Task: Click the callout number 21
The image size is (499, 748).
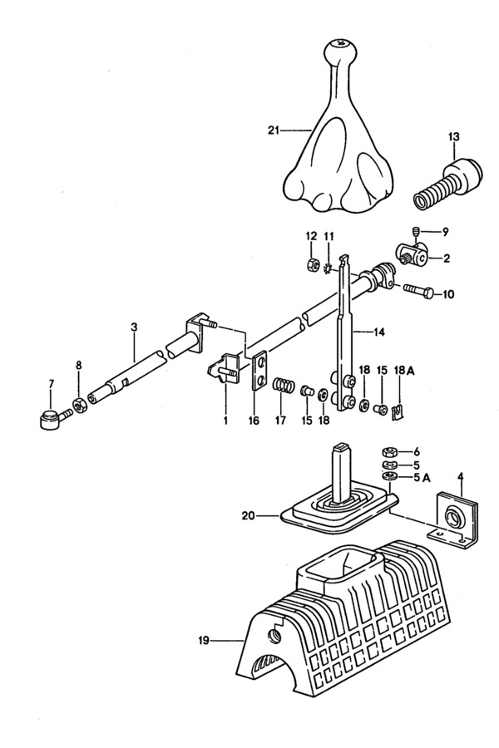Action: (x=273, y=130)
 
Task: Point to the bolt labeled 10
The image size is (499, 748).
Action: (x=420, y=291)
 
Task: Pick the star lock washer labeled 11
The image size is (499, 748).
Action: (x=328, y=270)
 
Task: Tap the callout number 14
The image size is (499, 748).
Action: (x=378, y=332)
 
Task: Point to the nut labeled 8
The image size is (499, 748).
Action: (x=79, y=406)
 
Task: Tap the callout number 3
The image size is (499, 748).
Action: (x=134, y=327)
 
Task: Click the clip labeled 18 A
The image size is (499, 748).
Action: (x=398, y=411)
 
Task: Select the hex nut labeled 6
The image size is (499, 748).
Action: (x=390, y=451)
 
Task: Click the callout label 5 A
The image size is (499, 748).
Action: (x=421, y=478)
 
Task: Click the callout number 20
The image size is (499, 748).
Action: (x=249, y=515)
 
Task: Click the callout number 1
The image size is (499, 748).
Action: (x=225, y=421)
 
